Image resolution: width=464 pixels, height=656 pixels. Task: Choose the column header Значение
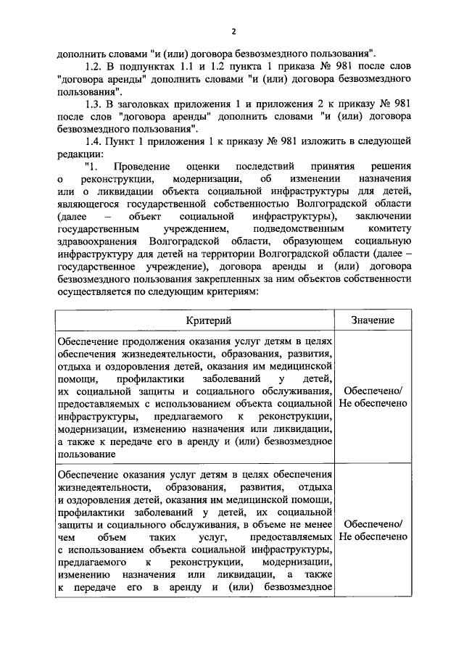(x=373, y=320)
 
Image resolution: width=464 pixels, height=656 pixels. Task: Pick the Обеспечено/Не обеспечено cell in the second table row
(x=373, y=531)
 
